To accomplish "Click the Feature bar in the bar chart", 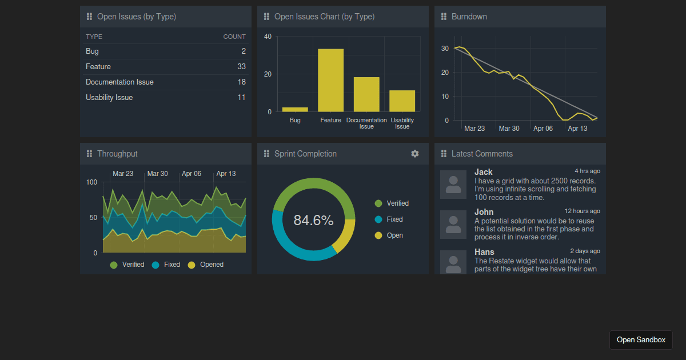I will point(330,80).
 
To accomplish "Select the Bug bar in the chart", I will point(295,109).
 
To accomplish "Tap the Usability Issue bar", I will point(402,101).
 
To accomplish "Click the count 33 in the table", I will point(241,67).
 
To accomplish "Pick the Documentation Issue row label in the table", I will point(119,82).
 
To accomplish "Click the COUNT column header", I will point(234,37).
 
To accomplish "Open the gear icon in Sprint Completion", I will point(415,154).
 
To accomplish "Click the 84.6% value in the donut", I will point(313,220).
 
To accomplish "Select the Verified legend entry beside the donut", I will point(392,203).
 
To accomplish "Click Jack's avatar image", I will point(453,185).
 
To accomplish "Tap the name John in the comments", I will point(484,212).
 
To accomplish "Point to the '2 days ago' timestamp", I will point(585,251).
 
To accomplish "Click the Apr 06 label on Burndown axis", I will point(543,129).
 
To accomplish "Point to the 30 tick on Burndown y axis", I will point(445,49).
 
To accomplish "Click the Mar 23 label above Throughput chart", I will point(123,174).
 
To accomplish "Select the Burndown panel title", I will point(469,17).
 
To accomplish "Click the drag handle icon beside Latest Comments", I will point(444,154).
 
